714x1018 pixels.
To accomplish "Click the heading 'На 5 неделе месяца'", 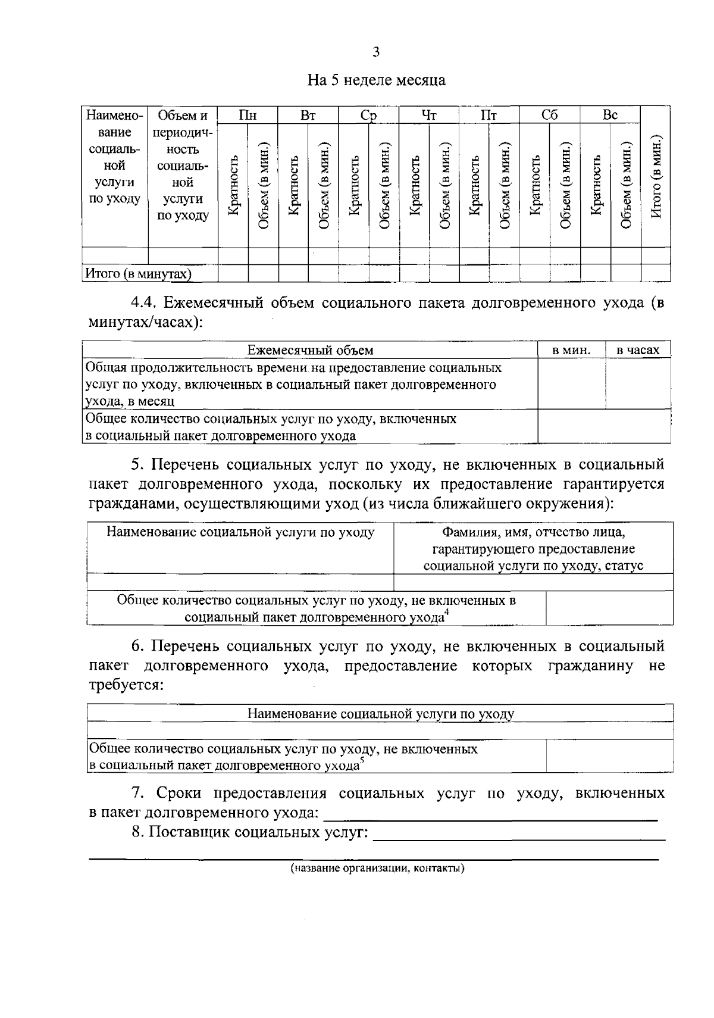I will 376,80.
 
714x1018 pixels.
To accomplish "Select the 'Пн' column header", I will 248,115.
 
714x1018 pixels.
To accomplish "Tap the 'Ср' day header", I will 369,115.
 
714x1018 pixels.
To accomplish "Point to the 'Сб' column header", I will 550,115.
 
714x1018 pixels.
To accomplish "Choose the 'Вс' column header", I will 610,115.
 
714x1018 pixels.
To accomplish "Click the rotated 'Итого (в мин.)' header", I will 656,178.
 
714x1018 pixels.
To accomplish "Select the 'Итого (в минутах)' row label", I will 139,274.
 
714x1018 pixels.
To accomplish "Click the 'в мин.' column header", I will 571,350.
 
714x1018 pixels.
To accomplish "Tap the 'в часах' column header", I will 638,350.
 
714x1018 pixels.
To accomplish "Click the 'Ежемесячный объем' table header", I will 310,350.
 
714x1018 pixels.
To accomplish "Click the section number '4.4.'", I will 145,302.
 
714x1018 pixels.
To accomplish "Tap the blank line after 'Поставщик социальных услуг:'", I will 518,835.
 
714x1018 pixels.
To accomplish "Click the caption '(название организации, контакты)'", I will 377,868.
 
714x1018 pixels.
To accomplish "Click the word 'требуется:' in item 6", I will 126,685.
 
